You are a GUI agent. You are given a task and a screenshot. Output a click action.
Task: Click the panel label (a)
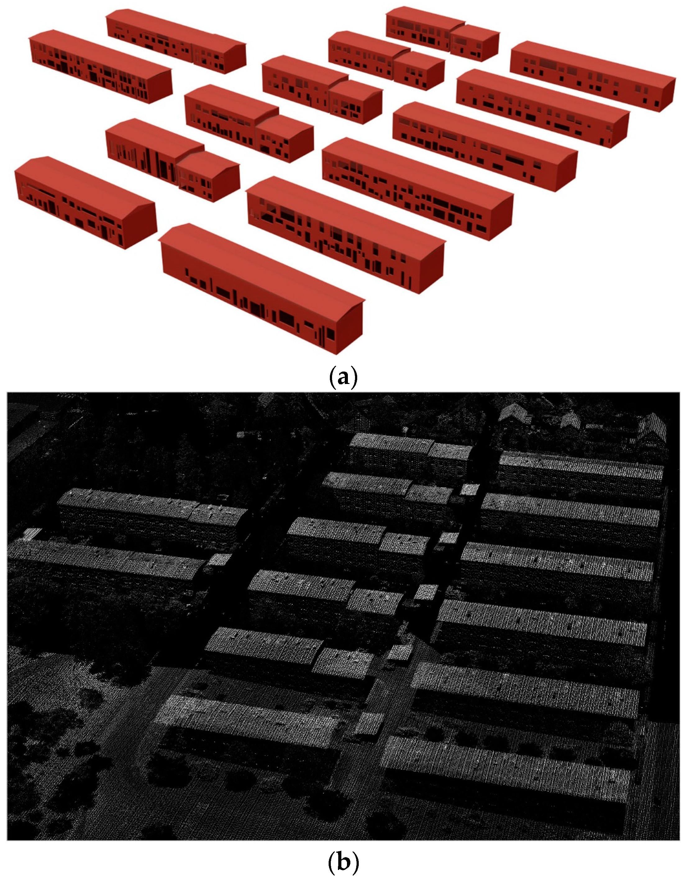344,377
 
